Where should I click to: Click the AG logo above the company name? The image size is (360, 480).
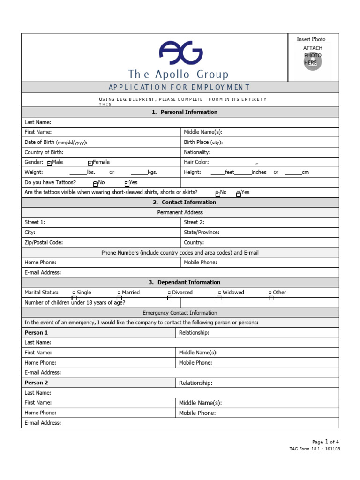(180, 52)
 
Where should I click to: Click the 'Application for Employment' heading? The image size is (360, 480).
(180, 87)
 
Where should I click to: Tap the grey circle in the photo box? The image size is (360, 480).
(313, 62)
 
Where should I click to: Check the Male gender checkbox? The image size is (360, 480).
(50, 163)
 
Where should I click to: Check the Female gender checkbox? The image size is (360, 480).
(90, 163)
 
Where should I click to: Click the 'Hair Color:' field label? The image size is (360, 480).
(196, 162)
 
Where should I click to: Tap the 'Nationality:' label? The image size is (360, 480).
(197, 152)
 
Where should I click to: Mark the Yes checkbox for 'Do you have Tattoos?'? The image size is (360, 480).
(127, 183)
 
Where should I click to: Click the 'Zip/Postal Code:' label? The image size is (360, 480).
(44, 242)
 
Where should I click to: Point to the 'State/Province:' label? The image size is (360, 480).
(202, 232)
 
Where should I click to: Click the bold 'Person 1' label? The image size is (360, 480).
(36, 333)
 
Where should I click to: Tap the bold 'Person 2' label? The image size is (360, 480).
(36, 383)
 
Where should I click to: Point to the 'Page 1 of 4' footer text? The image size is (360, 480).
(325, 442)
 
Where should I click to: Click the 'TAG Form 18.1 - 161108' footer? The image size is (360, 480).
(315, 449)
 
